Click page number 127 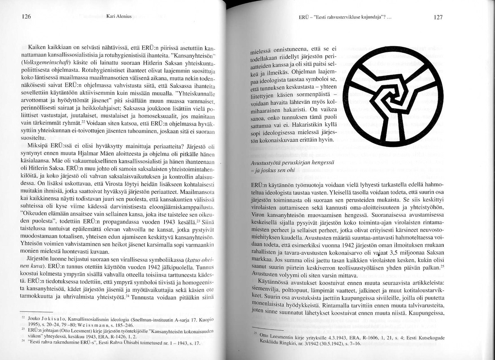pos(438,17)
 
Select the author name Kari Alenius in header pos(118,17)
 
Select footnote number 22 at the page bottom pos(23,318)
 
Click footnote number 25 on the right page pos(256,332)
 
